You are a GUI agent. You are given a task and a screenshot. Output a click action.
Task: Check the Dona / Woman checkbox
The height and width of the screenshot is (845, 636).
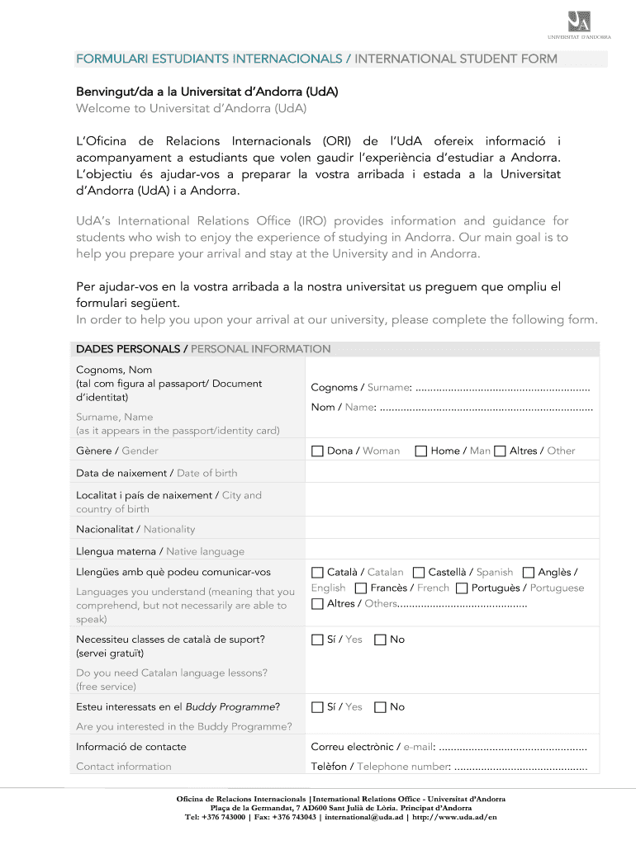pos(317,451)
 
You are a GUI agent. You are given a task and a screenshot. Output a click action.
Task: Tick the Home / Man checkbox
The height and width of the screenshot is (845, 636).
pos(421,451)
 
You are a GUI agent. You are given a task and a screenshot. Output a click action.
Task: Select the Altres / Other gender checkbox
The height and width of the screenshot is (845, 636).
pos(500,451)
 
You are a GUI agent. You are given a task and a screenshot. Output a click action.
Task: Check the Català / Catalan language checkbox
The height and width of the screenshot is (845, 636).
pos(317,572)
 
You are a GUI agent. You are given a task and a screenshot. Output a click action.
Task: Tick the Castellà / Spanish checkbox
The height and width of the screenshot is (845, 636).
pos(419,572)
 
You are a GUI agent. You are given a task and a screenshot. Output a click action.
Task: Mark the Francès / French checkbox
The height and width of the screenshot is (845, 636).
pos(361,588)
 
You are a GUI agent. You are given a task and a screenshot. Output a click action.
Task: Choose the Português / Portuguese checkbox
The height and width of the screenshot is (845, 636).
pos(462,588)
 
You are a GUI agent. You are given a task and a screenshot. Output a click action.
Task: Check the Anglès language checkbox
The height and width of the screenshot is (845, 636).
pos(529,572)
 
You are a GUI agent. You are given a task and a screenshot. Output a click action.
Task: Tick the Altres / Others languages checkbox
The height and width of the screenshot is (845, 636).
pos(317,604)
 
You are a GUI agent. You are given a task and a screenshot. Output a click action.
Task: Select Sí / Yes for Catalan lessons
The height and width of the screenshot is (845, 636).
pos(317,640)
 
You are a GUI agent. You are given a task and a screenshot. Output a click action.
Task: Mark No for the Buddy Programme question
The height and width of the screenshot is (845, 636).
pos(380,707)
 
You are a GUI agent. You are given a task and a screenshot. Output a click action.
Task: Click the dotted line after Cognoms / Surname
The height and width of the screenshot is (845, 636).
pos(502,388)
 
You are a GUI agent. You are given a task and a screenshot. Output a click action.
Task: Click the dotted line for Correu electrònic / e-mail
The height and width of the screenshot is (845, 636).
pos(513,748)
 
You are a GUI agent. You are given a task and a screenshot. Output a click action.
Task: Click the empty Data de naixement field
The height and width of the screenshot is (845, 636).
pos(453,473)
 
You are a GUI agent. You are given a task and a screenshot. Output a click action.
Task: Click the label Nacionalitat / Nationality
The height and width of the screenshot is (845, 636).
pos(135,529)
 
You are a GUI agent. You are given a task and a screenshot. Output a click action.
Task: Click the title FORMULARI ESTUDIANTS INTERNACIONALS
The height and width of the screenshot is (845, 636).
pos(210,59)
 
